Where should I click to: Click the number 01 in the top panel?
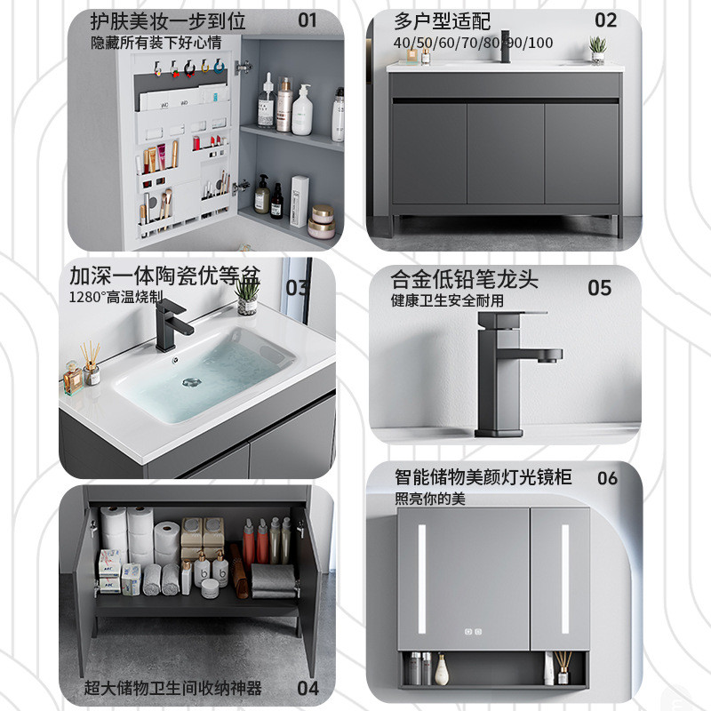point(307,20)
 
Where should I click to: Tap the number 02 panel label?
point(605,20)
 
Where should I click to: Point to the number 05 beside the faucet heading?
point(599,288)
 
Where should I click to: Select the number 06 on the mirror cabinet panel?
point(607,478)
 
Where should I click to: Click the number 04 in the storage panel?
point(308,688)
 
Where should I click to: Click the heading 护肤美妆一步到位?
point(168,20)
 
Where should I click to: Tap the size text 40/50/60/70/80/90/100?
point(473,43)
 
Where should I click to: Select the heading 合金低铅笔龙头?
point(464,279)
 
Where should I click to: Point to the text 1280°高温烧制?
point(116,297)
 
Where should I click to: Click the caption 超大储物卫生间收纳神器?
point(172,688)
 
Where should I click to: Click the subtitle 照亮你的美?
point(430,499)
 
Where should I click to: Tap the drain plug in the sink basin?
point(191,382)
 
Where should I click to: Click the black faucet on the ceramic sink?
point(172,325)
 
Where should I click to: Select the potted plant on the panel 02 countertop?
point(598,50)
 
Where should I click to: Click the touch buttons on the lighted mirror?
point(473,631)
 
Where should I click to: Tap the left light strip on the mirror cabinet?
point(421,579)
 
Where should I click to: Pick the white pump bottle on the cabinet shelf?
point(302,110)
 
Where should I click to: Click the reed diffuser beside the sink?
point(92,363)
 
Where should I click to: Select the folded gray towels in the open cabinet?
point(273,580)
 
